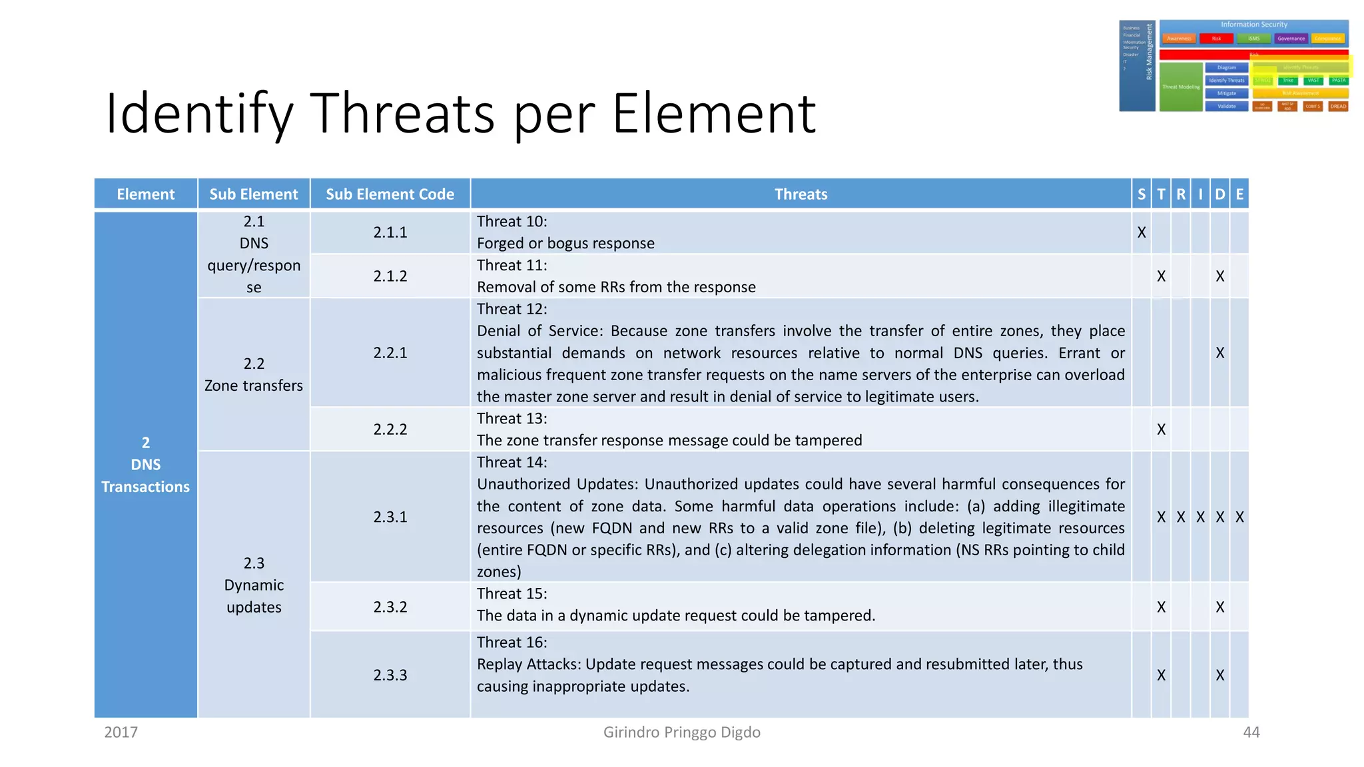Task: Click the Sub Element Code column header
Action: [x=390, y=194]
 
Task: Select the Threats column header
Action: [x=801, y=194]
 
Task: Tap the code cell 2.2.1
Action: [x=390, y=353]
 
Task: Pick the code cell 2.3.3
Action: [x=390, y=675]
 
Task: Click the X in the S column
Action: [x=1142, y=232]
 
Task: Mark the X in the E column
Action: [x=1239, y=517]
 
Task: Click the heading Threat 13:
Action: [x=511, y=419]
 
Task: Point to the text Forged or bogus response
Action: [x=565, y=244]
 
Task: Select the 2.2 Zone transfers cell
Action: [x=254, y=375]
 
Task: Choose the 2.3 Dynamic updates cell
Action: [x=254, y=585]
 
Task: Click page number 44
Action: [x=1251, y=732]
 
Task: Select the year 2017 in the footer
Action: [x=121, y=732]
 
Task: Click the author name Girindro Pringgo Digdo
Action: [x=681, y=732]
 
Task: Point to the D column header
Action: [x=1219, y=194]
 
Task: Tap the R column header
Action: [x=1181, y=194]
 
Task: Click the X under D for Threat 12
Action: [x=1219, y=353]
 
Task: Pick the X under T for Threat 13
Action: [x=1161, y=429]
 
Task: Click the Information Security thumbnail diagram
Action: [x=1234, y=65]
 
